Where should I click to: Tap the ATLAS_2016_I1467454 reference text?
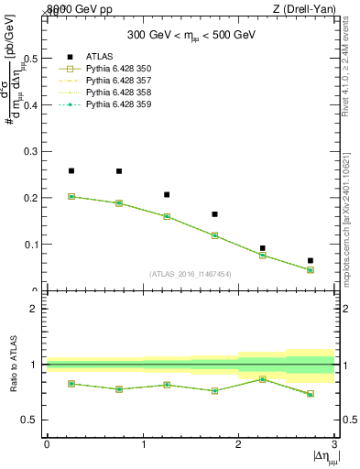tap(190, 274)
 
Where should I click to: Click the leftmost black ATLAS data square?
tap(71, 170)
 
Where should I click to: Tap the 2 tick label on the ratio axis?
tap(35, 309)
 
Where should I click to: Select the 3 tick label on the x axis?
tap(334, 443)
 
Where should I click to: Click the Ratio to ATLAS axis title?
tap(14, 364)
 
